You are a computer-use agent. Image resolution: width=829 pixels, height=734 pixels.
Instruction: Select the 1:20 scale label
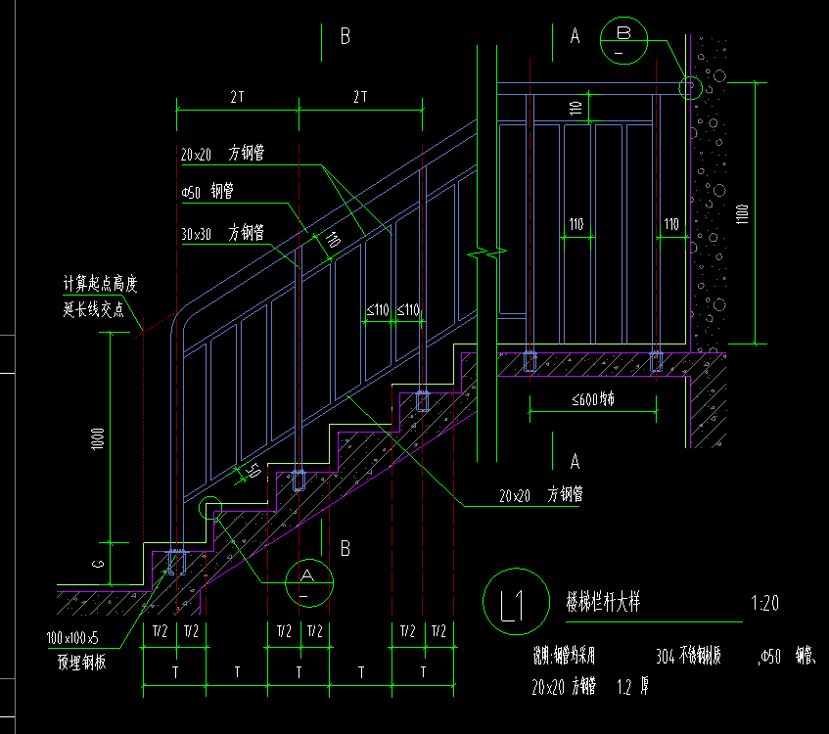coord(763,603)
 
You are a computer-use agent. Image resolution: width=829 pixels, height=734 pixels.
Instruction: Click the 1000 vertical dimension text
coord(97,442)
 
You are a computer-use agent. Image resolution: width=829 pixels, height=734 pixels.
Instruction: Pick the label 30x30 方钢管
coord(222,233)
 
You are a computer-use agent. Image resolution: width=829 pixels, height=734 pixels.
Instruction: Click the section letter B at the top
coord(345,36)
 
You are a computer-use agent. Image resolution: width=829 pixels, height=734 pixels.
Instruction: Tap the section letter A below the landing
coord(575,460)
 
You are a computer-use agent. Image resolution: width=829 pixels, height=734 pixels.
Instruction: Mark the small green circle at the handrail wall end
coord(691,88)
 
